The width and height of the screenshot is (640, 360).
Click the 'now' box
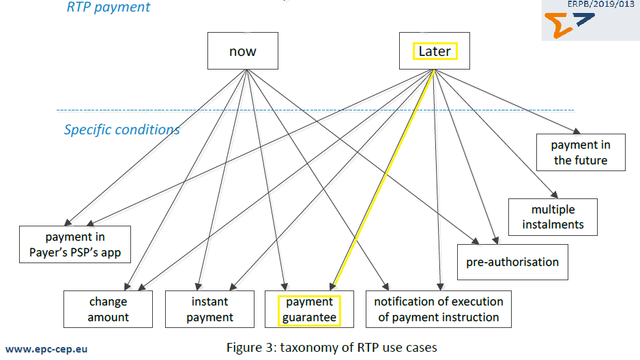243,50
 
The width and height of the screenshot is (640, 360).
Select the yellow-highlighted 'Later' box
435,50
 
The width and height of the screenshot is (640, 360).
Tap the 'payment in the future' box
581,153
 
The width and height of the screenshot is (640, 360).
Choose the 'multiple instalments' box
553,216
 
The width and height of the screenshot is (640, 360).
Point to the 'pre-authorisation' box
512,262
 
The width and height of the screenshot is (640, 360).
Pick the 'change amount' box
108,309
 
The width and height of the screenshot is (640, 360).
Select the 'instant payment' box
209,309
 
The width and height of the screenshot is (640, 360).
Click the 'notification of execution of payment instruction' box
439,309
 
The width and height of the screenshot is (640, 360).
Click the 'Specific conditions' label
122,130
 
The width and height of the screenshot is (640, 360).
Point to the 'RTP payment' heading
108,7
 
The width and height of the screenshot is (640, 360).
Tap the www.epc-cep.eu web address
46,348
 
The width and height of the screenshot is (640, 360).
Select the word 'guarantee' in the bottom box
310,317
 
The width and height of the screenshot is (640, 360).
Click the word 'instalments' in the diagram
553,224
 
